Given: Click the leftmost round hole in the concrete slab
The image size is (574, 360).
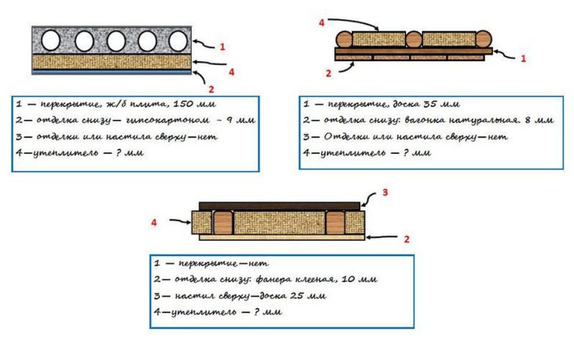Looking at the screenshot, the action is (x=50, y=41).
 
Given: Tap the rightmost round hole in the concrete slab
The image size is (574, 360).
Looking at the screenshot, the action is (x=178, y=41).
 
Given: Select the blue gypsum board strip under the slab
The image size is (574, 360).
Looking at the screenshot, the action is (x=112, y=72).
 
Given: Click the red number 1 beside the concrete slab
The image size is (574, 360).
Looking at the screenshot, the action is (x=222, y=47).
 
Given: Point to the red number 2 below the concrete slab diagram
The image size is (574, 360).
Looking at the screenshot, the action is (x=211, y=89).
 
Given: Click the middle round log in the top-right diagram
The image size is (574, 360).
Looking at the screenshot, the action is (x=414, y=40).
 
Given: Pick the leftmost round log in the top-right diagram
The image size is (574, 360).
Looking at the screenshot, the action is (x=344, y=39).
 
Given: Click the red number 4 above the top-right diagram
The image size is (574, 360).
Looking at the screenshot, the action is (x=321, y=23).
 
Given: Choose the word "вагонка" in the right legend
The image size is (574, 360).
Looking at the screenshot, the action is (x=422, y=120).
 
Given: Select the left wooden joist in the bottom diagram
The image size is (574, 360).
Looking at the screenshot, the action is (x=223, y=222).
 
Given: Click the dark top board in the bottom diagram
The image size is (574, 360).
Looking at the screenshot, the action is (x=280, y=206).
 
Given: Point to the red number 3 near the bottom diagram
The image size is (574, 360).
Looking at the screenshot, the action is (x=385, y=192).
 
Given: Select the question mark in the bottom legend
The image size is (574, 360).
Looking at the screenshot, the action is (x=257, y=312).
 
